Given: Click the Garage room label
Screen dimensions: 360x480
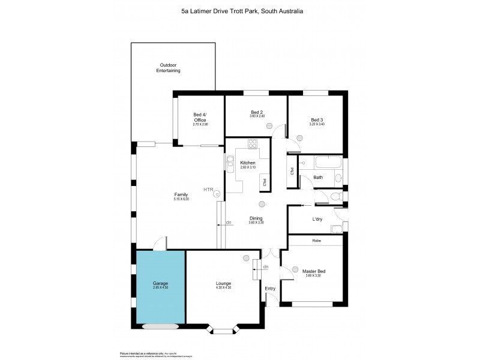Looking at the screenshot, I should (x=160, y=283).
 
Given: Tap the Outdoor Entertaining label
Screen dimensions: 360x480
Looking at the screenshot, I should (x=168, y=68).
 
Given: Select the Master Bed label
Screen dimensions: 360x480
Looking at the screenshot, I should (x=314, y=271).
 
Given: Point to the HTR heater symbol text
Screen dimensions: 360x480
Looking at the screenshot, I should (x=208, y=190).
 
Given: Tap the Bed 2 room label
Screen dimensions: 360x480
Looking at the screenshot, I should (x=257, y=112).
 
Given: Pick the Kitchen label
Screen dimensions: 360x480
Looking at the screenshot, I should (x=248, y=163).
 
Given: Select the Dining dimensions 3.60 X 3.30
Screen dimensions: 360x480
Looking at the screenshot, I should (x=257, y=223).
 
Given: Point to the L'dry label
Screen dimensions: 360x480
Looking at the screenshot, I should (x=317, y=219).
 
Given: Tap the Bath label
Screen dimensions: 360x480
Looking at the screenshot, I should (x=318, y=178).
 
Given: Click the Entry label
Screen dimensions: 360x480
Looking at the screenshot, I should (x=270, y=289).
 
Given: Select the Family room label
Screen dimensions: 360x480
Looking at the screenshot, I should (x=181, y=194).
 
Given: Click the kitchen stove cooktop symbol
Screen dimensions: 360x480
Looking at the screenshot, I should (x=252, y=144).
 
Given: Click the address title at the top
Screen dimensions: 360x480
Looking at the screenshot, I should (x=240, y=10).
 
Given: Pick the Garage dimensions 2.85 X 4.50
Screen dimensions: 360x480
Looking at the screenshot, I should (x=160, y=288).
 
